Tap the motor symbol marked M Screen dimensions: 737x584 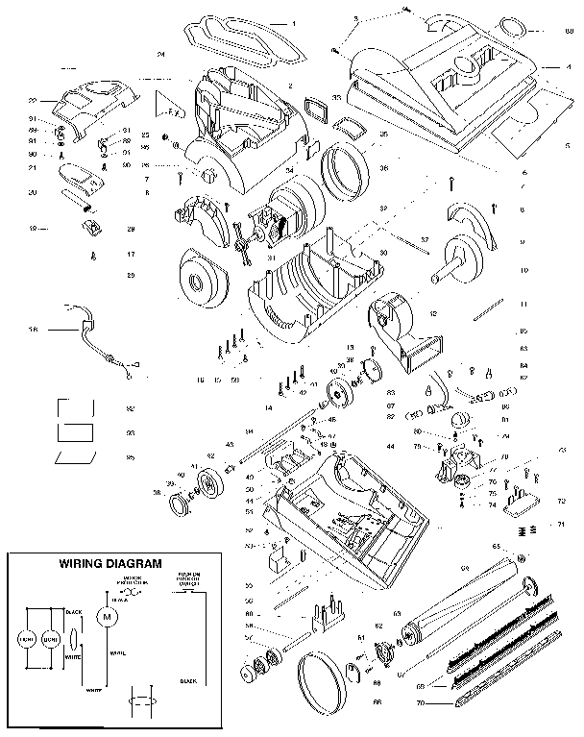(x=108, y=615)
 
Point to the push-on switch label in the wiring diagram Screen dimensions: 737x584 (x=188, y=580)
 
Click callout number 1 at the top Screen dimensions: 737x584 (x=293, y=21)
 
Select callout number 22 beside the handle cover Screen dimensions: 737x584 (x=32, y=100)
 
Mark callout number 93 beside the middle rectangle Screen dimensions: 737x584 (x=130, y=433)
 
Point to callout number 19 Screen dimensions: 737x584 (x=32, y=229)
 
